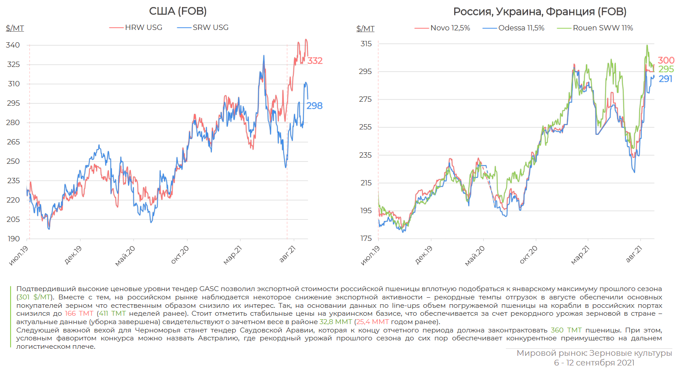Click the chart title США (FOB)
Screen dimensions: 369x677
point(178,11)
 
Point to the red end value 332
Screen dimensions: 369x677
point(315,61)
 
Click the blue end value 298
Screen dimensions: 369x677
point(314,106)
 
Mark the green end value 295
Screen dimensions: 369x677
point(666,69)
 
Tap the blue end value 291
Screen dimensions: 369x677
point(666,79)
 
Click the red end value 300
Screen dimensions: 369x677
point(666,60)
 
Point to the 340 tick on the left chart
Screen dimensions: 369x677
point(13,45)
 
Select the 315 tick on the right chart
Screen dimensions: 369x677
point(366,44)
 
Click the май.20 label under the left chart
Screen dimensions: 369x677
point(125,256)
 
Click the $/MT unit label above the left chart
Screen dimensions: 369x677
point(15,28)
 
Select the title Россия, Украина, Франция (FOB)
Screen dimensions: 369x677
point(540,11)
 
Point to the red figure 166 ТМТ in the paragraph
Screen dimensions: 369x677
point(79,314)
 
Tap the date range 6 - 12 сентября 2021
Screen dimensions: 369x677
point(594,362)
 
